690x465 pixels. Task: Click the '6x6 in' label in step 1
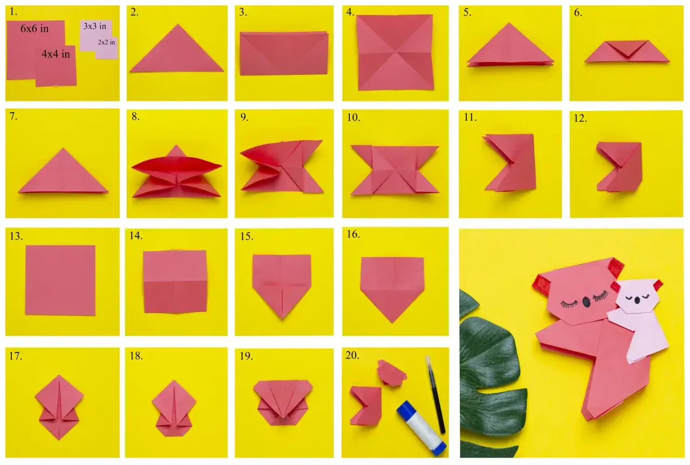click(x=34, y=29)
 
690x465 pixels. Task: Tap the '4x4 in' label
click(x=56, y=54)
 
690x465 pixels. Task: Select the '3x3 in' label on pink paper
click(x=94, y=26)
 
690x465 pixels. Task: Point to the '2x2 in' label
click(x=106, y=42)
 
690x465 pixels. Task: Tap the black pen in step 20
click(x=436, y=394)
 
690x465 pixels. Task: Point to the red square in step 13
click(x=60, y=280)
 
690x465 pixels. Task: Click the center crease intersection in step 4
click(x=395, y=53)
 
